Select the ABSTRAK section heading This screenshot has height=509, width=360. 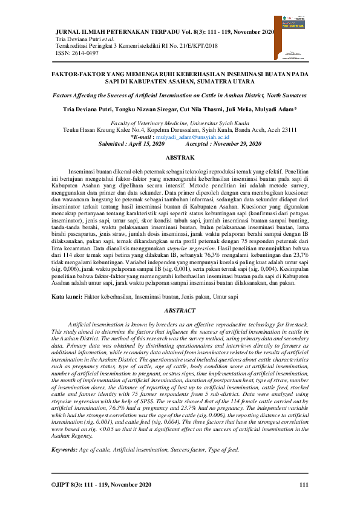point(179,157)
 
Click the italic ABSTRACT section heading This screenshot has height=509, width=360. point(179,311)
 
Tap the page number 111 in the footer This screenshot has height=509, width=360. point(303,484)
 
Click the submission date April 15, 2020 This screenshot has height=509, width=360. point(147,144)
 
